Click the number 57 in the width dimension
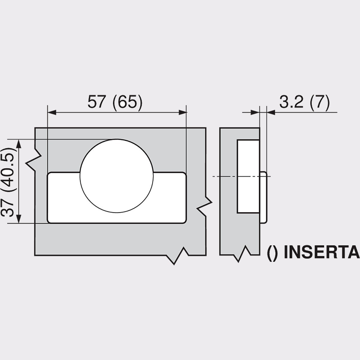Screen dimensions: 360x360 [x=96, y=102]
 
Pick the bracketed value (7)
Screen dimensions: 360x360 [x=319, y=102]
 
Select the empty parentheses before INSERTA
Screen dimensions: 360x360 [x=273, y=253]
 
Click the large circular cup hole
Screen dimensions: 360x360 [x=116, y=176]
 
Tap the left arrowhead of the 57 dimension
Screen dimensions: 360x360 [x=52, y=112]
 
